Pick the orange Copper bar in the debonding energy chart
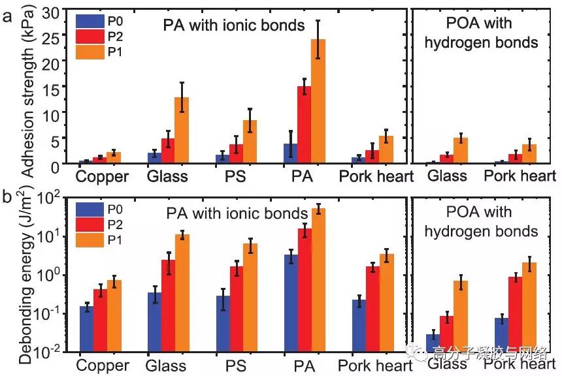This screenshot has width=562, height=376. click(114, 316)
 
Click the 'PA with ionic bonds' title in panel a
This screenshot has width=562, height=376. click(235, 25)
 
